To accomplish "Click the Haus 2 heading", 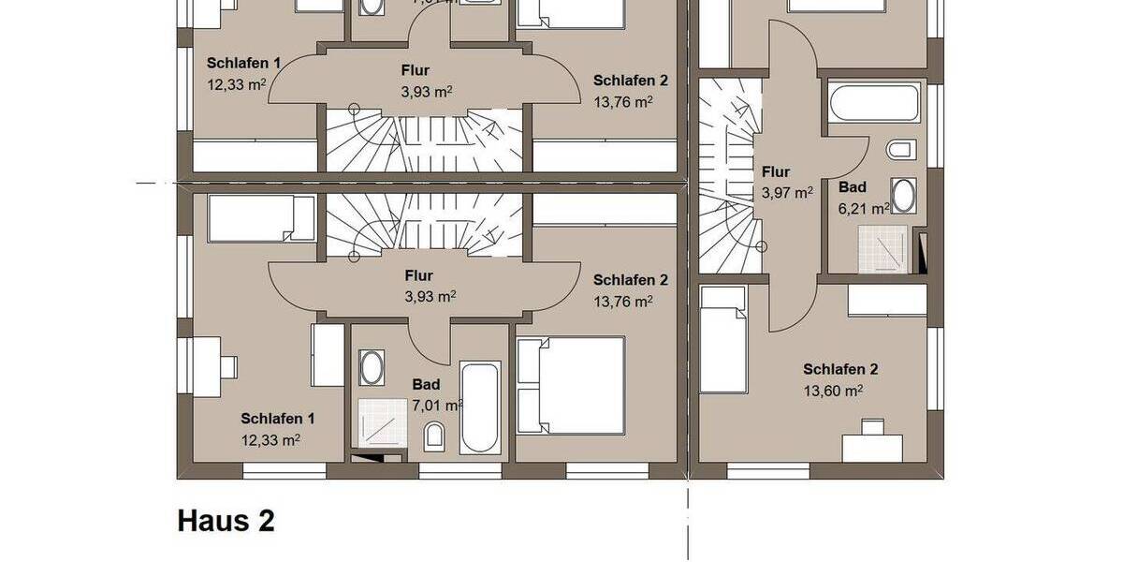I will tap(226, 521).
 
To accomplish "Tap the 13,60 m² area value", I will tap(833, 392).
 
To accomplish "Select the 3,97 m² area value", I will tap(786, 193).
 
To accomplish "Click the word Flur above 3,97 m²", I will tap(776, 172).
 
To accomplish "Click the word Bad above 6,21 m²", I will tap(852, 187).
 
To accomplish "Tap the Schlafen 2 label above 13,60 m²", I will tap(839, 369).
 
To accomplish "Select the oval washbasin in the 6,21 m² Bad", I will tap(903, 196).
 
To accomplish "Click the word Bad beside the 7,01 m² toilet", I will tap(426, 384).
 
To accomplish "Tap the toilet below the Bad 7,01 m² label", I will tap(434, 436).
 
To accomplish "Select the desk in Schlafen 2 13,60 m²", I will tap(872, 448).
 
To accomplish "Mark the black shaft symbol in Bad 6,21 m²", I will tap(924, 255).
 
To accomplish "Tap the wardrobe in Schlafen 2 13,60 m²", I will tap(886, 301).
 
